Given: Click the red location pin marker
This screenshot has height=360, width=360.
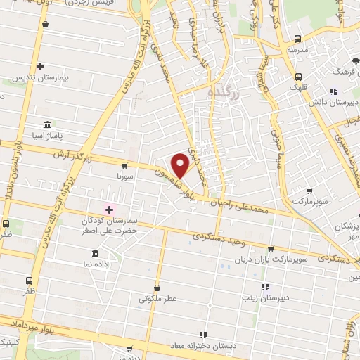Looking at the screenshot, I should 180,165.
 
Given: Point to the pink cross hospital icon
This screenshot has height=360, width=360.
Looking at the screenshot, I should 109,209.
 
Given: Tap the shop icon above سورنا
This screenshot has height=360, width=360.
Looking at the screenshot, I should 124,167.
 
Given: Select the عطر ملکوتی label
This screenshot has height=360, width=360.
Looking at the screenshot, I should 157,299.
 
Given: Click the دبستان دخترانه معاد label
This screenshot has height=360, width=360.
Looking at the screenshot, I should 202,346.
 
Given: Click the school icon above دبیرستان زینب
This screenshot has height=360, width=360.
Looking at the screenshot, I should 265,287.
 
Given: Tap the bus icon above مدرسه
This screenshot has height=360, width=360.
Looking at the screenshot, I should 298,39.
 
